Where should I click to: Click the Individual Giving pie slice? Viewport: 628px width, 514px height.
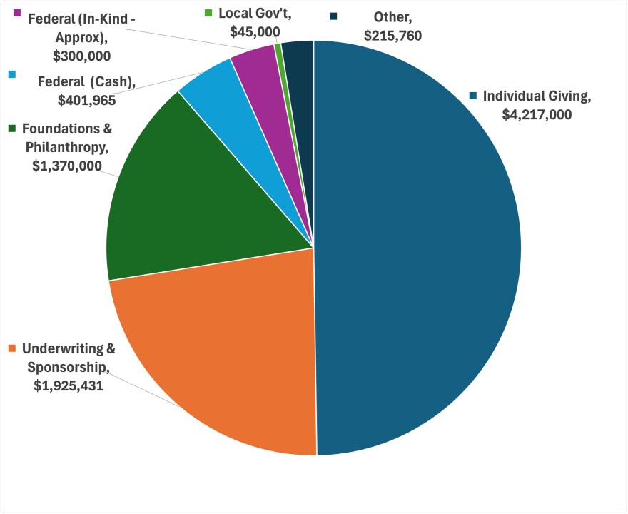pyautogui.click(x=421, y=250)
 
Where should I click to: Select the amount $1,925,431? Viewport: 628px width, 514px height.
pyautogui.click(x=69, y=385)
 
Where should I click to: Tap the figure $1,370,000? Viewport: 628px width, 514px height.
pyautogui.click(x=67, y=165)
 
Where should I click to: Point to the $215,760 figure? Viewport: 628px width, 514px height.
pyautogui.click(x=393, y=34)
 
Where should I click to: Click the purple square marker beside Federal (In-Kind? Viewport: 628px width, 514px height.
pyautogui.click(x=16, y=13)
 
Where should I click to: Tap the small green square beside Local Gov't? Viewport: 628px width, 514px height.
pyautogui.click(x=208, y=13)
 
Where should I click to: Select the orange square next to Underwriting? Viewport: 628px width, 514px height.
pyautogui.click(x=12, y=348)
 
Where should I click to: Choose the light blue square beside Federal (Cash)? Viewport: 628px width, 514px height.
pyautogui.click(x=12, y=74)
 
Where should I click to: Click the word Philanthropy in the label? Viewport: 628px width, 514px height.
pyautogui.click(x=67, y=147)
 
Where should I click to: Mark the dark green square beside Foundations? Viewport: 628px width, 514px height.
pyautogui.click(x=12, y=128)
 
